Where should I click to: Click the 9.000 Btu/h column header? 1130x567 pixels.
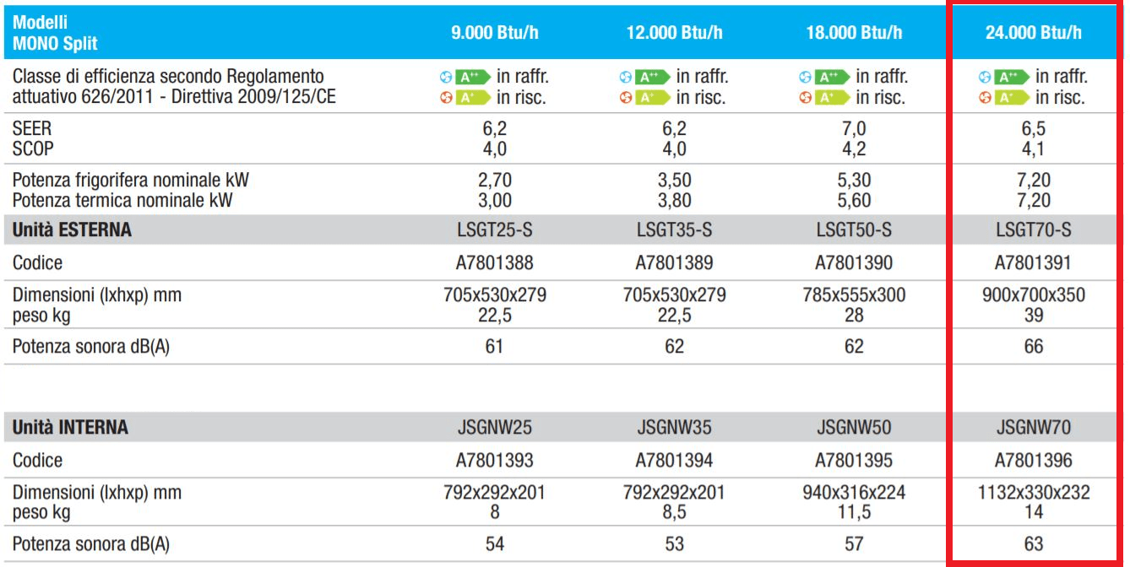click(494, 33)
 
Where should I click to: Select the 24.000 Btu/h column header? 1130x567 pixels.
click(1033, 33)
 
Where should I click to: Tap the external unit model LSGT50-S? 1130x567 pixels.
click(854, 229)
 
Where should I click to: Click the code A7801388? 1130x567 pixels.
click(494, 263)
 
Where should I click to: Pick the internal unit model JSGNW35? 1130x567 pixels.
click(674, 428)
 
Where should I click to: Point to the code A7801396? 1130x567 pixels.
click(1033, 461)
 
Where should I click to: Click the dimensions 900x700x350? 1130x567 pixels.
click(1033, 295)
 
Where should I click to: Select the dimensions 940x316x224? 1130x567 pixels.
click(854, 493)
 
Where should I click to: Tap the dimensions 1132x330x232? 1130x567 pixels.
click(1033, 493)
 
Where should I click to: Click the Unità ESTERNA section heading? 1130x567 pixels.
click(73, 230)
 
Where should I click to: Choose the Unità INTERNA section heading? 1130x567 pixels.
click(71, 428)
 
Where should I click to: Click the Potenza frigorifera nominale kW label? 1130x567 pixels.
click(131, 181)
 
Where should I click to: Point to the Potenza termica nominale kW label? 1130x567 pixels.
click(122, 201)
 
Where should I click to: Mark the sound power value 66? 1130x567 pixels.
click(1033, 347)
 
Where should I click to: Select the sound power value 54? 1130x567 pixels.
click(494, 544)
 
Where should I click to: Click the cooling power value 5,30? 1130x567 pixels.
click(854, 181)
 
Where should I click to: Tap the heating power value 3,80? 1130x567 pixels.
click(674, 201)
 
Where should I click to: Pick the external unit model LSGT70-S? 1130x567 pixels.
click(1033, 229)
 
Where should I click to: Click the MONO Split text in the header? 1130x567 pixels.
click(56, 44)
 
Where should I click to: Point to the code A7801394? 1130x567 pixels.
click(674, 461)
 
